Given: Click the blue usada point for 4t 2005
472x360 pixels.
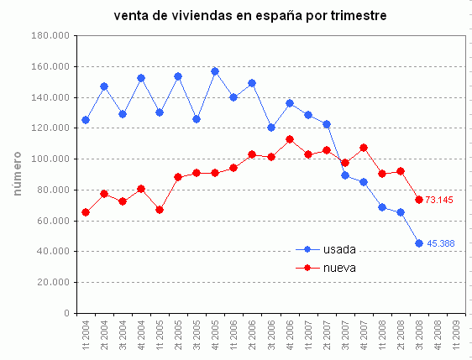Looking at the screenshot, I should [x=215, y=71].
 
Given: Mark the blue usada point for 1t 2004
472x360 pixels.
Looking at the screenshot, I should [x=85, y=120].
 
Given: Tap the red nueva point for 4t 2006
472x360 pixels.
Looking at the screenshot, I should [x=289, y=139].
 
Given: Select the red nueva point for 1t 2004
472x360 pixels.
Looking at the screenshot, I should [x=85, y=212].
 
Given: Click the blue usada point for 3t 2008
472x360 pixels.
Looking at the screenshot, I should [x=418, y=243].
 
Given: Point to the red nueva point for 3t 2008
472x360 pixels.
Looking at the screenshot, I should [x=418, y=200].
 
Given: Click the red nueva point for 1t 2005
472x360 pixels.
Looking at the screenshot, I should [x=160, y=210].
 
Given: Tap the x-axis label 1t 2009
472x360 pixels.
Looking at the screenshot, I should [x=456, y=337].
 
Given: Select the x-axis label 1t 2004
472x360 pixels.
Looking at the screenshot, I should [x=85, y=337].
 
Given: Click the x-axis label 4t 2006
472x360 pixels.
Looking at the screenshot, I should [x=289, y=337].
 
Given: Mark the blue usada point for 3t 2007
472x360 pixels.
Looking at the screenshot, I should [x=344, y=175].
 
